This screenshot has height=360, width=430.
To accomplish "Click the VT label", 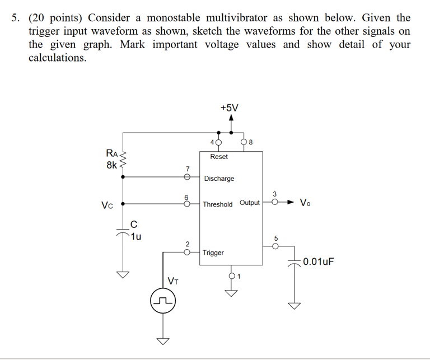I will pyautogui.click(x=173, y=280).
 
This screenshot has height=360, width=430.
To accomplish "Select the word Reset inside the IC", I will pyautogui.click(x=219, y=157).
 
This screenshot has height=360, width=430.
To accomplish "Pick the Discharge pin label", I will pyautogui.click(x=219, y=179).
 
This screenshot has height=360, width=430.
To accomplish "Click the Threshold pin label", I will pyautogui.click(x=218, y=204).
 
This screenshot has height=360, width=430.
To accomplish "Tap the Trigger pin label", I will pyautogui.click(x=213, y=253).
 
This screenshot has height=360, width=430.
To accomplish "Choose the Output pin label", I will pyautogui.click(x=250, y=203).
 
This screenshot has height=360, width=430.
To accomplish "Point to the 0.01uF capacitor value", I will pyautogui.click(x=318, y=261).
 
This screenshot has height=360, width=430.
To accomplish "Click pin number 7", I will pyautogui.click(x=188, y=168).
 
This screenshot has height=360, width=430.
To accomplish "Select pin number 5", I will pyautogui.click(x=275, y=237).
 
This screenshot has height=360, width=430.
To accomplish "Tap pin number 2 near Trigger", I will pyautogui.click(x=188, y=244).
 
